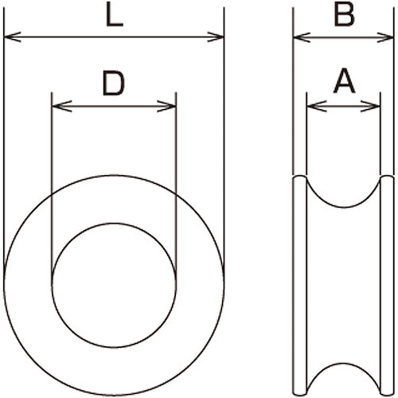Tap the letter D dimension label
(x=114, y=83)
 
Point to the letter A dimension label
(x=343, y=80)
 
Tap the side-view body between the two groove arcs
(x=343, y=287)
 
